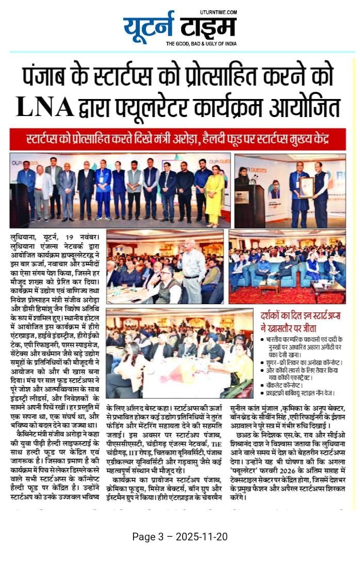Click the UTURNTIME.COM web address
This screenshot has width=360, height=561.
[x=218, y=12]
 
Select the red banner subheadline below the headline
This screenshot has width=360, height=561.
[x=178, y=139]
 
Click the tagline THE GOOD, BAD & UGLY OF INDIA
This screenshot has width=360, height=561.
[x=201, y=44]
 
